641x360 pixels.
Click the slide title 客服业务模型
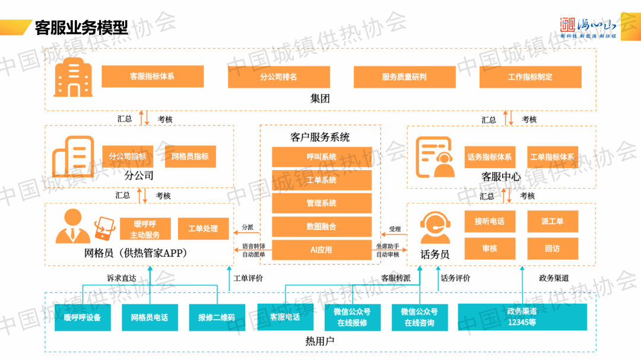click(x=82, y=27)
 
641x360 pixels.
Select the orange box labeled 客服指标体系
click(x=153, y=77)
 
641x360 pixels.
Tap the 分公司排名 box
click(x=278, y=77)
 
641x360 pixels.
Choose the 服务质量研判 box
click(x=404, y=77)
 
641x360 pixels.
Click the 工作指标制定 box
click(x=530, y=77)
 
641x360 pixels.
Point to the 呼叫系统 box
click(x=322, y=157)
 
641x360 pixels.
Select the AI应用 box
click(x=322, y=250)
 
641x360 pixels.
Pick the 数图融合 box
click(x=322, y=227)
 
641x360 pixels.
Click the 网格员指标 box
click(x=190, y=157)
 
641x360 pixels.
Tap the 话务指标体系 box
click(x=490, y=157)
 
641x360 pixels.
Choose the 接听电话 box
click(x=490, y=221)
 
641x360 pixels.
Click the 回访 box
click(x=552, y=249)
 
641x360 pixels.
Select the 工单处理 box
click(x=203, y=228)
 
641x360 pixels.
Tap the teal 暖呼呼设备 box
click(x=82, y=317)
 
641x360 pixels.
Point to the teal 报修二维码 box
click(x=217, y=317)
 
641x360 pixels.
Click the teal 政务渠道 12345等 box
click(x=522, y=317)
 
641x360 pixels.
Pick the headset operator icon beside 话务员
click(x=434, y=228)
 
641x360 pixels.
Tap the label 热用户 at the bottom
click(x=320, y=342)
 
